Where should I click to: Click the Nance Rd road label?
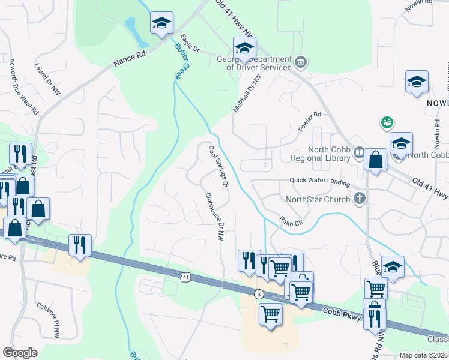point(129,58)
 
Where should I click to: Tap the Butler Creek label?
point(178,62)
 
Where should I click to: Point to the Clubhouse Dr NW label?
point(214,217)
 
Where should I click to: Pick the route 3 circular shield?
point(258,294)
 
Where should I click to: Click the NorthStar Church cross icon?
point(360,197)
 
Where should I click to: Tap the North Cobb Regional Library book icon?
point(358,152)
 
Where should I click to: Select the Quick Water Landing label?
point(319,180)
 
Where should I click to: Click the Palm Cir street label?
point(289,220)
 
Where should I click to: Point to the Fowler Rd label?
point(310,122)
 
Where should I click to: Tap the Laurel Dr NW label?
point(48,80)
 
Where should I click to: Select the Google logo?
point(20,352)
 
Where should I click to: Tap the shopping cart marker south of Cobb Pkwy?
point(271,314)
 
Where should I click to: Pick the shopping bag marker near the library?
point(375,160)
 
